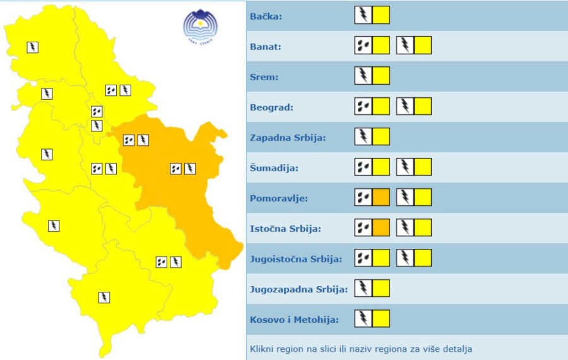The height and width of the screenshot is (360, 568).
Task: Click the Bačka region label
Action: tap(266, 16)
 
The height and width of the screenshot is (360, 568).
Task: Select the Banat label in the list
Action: tap(266, 47)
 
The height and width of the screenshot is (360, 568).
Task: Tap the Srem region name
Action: tap(264, 77)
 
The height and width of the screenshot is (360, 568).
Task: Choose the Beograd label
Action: tap(272, 107)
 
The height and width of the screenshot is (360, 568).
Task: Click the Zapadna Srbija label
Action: tap(288, 138)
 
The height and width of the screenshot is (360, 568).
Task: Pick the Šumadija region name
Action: tap(275, 168)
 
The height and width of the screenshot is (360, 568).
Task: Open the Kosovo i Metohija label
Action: tap(294, 320)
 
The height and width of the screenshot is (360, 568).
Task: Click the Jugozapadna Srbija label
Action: tap(299, 289)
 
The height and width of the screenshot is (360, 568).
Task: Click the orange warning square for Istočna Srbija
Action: tap(381, 227)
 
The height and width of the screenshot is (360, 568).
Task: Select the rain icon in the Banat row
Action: tap(363, 45)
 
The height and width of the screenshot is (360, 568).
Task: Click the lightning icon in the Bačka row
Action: tap(363, 15)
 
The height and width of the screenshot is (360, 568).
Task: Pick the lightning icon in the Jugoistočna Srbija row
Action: tap(405, 258)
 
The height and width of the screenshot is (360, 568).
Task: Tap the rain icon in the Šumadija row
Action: tap(363, 167)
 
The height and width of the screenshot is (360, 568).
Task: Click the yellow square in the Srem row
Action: tap(381, 76)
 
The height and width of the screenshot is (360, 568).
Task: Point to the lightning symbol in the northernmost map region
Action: tap(33, 47)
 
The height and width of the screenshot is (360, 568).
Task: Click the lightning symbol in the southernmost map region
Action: tap(104, 297)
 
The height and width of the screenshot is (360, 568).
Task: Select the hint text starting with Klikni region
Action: tap(361, 349)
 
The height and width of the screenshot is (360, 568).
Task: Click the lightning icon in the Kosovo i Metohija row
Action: tap(363, 318)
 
